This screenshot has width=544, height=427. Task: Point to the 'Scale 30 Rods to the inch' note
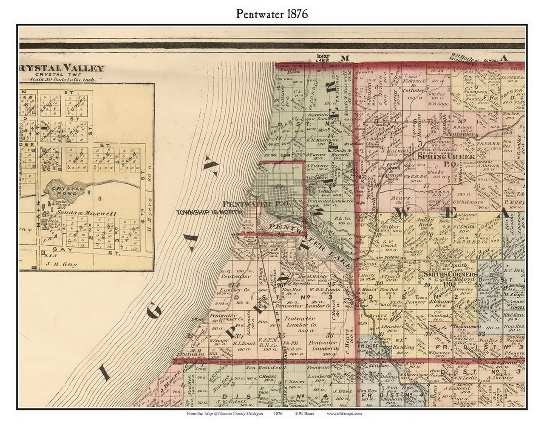62,79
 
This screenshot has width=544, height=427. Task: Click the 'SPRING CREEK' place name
440,156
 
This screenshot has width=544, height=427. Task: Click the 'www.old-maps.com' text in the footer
344,413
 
